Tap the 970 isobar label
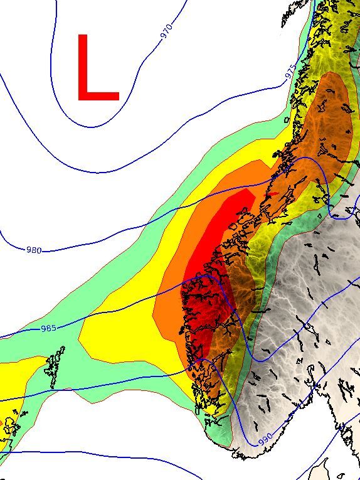(x=166, y=31)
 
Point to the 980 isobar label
(x=34, y=250)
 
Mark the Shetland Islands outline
(x=55, y=370)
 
